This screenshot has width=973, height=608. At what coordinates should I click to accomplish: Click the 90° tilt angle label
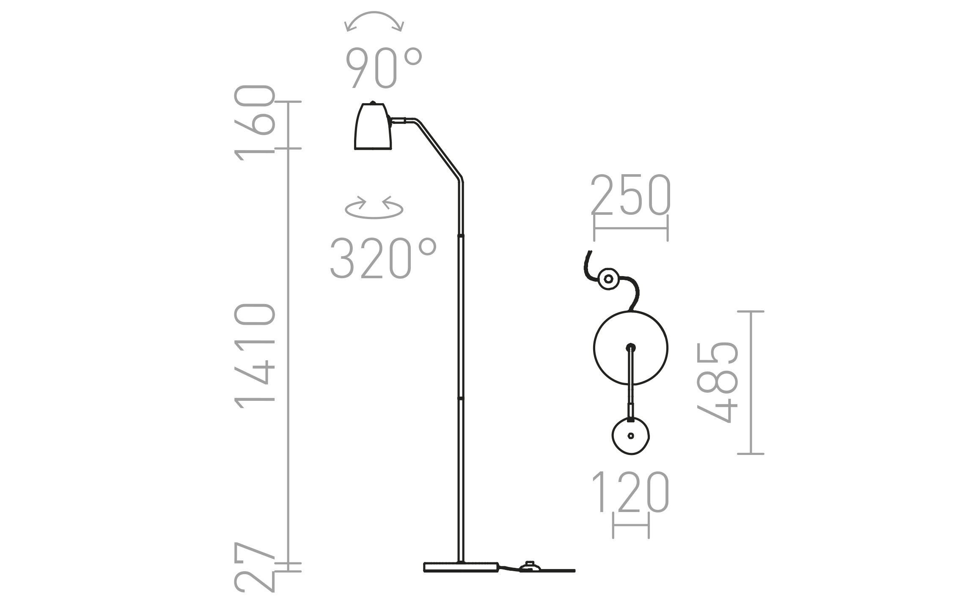[384, 68]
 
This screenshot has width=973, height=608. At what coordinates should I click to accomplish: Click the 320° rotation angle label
[382, 258]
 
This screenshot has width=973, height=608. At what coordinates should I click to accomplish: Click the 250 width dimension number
[631, 195]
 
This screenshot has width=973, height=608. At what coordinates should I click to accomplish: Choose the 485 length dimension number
[717, 382]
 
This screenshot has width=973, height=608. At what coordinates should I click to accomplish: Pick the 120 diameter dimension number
[631, 492]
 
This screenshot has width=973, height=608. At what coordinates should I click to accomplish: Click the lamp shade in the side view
[373, 127]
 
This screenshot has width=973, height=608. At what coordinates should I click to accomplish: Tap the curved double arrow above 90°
[374, 21]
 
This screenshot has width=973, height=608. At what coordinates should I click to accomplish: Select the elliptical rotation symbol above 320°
[374, 208]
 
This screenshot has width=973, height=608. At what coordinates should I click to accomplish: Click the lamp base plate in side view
[461, 567]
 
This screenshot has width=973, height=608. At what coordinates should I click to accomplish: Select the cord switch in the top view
[609, 279]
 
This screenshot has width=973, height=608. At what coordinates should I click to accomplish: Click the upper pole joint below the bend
[461, 235]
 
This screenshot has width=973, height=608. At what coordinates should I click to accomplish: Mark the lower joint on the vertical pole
[461, 398]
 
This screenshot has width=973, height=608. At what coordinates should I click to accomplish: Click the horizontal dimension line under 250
[631, 228]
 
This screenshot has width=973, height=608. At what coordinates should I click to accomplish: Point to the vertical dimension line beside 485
[750, 382]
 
